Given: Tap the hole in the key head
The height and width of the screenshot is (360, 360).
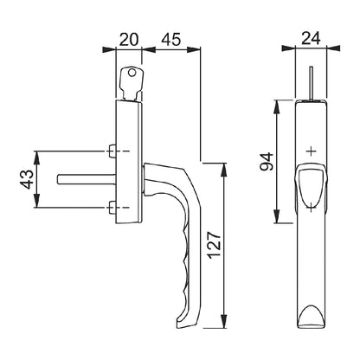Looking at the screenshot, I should click(135, 76).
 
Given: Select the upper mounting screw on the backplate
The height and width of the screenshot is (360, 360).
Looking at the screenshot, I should click(114, 152).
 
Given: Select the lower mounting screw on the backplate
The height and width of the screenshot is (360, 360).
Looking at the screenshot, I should click(114, 207).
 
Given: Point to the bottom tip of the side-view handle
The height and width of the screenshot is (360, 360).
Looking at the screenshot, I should click(183, 327).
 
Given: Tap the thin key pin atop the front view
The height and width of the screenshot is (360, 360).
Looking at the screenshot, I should click(310, 83).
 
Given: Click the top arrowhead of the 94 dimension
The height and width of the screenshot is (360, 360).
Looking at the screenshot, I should click(277, 104).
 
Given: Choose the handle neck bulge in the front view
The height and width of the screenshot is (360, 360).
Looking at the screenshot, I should click(311, 186).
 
